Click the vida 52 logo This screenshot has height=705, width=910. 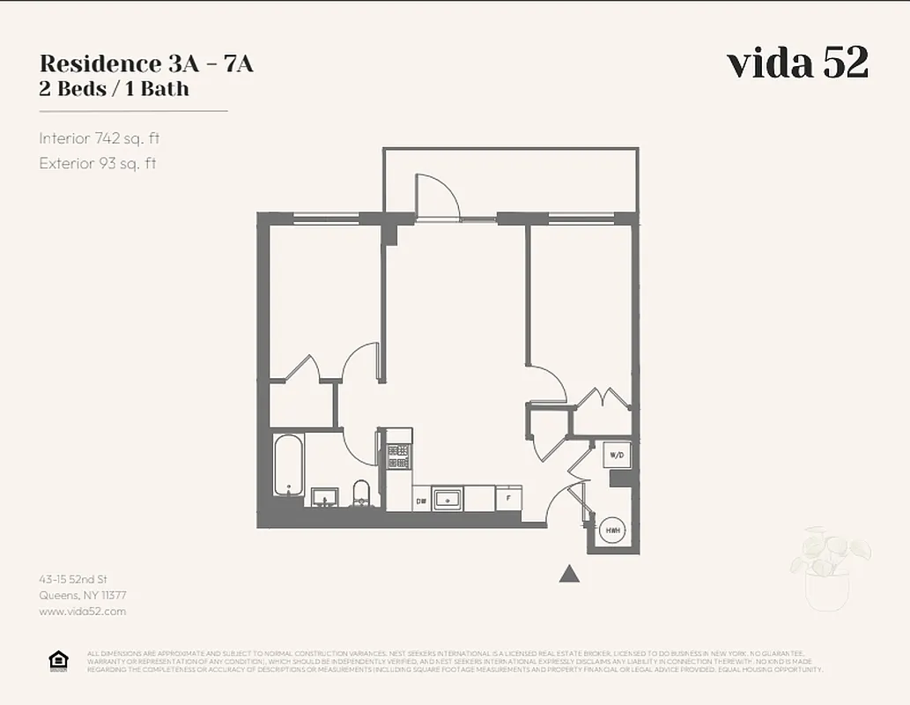point(797,63)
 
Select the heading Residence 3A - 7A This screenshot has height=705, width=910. point(146,64)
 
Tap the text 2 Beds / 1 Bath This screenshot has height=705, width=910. point(114,89)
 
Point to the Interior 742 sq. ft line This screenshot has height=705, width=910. point(99,138)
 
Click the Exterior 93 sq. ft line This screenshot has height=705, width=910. point(97,163)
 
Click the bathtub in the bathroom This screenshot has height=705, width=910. point(288,464)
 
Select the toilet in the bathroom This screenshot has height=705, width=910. point(361,493)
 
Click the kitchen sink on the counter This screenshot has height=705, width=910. point(448,498)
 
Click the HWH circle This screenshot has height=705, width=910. point(612,531)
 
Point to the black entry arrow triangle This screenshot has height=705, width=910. point(570,574)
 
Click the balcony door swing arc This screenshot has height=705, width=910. point(438,194)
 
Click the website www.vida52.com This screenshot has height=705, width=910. point(83,611)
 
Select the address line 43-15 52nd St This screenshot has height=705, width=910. point(73,579)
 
